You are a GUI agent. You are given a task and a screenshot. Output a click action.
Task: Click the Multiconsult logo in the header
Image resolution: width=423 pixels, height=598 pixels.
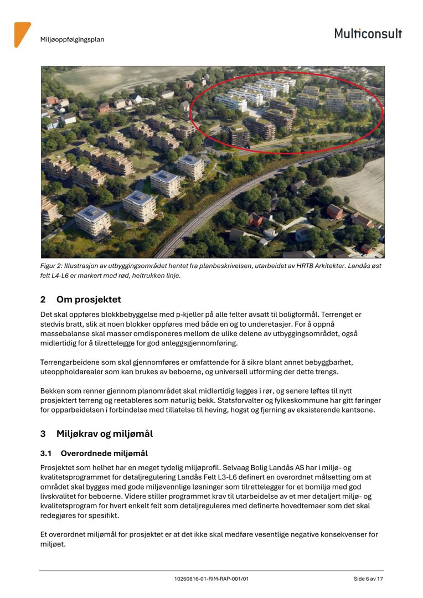pyautogui.click(x=368, y=33)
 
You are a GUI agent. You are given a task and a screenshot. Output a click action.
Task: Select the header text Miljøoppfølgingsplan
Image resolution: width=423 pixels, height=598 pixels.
pyautogui.click(x=72, y=40)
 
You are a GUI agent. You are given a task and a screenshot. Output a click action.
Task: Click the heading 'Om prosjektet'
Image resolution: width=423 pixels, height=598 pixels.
pyautogui.click(x=89, y=300)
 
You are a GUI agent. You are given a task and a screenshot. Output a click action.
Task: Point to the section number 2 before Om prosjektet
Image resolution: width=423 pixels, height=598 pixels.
pyautogui.click(x=43, y=300)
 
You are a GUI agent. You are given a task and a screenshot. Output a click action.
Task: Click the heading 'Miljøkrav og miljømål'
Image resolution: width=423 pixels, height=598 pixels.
pyautogui.click(x=105, y=434)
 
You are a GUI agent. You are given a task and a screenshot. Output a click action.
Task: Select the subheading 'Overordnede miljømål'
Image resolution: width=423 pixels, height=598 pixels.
pyautogui.click(x=104, y=453)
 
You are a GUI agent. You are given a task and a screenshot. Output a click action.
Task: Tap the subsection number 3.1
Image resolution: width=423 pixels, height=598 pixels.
pyautogui.click(x=47, y=453)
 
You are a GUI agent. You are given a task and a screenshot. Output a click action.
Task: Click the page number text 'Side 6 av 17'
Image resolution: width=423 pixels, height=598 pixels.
pyautogui.click(x=368, y=579)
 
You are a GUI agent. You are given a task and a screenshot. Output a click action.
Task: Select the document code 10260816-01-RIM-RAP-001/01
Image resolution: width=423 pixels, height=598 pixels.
pyautogui.click(x=211, y=579)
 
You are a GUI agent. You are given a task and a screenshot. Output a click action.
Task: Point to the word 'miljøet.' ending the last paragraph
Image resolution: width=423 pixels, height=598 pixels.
pyautogui.click(x=53, y=544)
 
